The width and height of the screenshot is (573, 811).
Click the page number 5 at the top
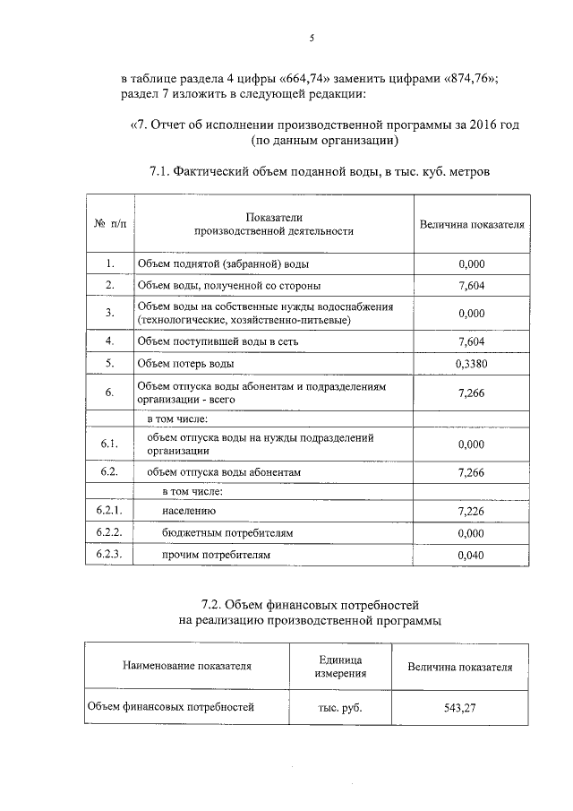point(312,38)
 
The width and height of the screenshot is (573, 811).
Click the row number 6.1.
point(109,444)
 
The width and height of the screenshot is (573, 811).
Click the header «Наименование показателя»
point(187,667)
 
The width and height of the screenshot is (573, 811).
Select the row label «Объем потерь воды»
point(185,364)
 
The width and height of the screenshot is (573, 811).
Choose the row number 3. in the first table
point(109,313)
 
